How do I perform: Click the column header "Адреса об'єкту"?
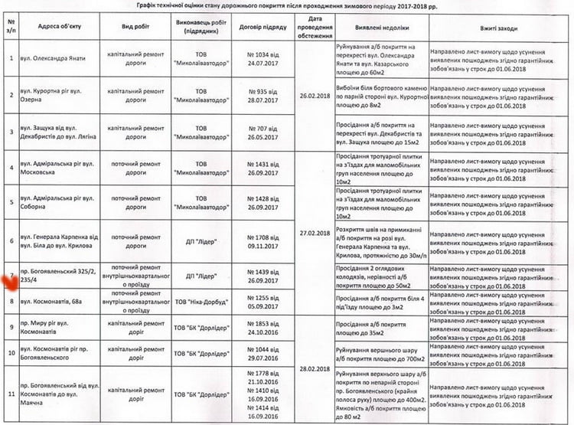click(52, 28)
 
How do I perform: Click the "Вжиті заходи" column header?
click(495, 28)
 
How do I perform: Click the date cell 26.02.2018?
click(315, 96)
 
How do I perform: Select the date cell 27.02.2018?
click(315, 234)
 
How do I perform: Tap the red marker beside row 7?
click(11, 281)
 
